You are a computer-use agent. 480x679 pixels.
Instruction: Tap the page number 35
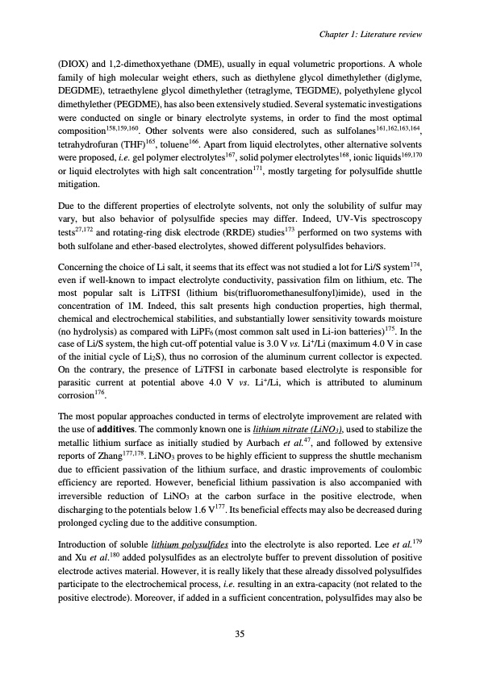pyautogui.click(x=240, y=633)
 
